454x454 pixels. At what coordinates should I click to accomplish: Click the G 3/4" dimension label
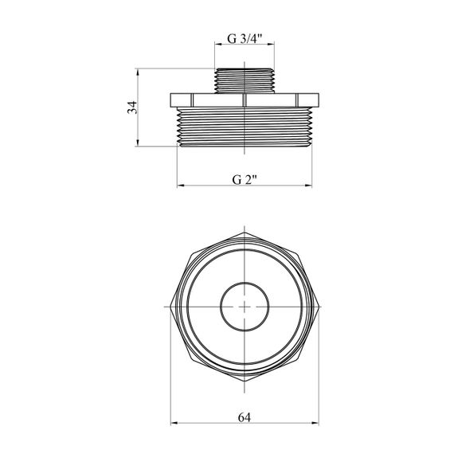(245, 38)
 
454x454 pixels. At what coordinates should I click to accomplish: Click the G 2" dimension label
(245, 180)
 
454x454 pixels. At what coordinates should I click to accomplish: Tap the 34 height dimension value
(132, 108)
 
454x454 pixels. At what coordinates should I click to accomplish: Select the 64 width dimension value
(245, 417)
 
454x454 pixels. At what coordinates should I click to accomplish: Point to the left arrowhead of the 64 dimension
(174, 423)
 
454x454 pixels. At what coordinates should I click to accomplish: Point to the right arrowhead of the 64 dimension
(315, 423)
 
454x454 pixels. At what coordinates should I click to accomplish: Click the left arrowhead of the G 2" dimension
(180, 186)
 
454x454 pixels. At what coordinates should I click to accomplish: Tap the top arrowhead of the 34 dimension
(138, 72)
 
